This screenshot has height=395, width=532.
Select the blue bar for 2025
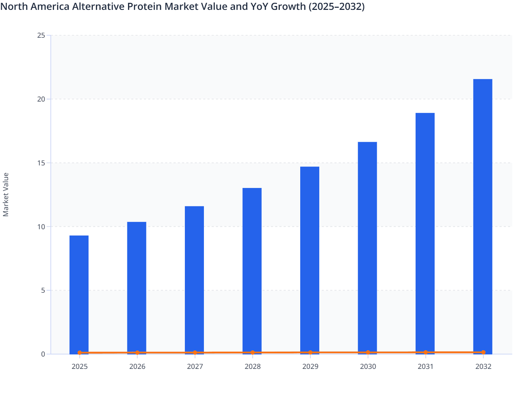79,294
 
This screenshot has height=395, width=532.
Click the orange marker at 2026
137,353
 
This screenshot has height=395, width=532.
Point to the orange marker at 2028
253,353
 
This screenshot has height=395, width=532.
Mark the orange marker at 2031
425,352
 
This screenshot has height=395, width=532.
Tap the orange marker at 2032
483,352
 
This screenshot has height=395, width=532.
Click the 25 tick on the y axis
41,35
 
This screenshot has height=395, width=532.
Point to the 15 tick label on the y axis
41,163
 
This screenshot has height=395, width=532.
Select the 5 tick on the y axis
43,291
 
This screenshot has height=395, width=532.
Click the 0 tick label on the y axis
43,354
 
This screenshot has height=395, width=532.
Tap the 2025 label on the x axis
79,366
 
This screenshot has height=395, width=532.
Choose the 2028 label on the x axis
253,366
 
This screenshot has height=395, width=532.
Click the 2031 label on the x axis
425,366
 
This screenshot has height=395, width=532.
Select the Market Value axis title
6,194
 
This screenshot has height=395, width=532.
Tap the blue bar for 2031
425,233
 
